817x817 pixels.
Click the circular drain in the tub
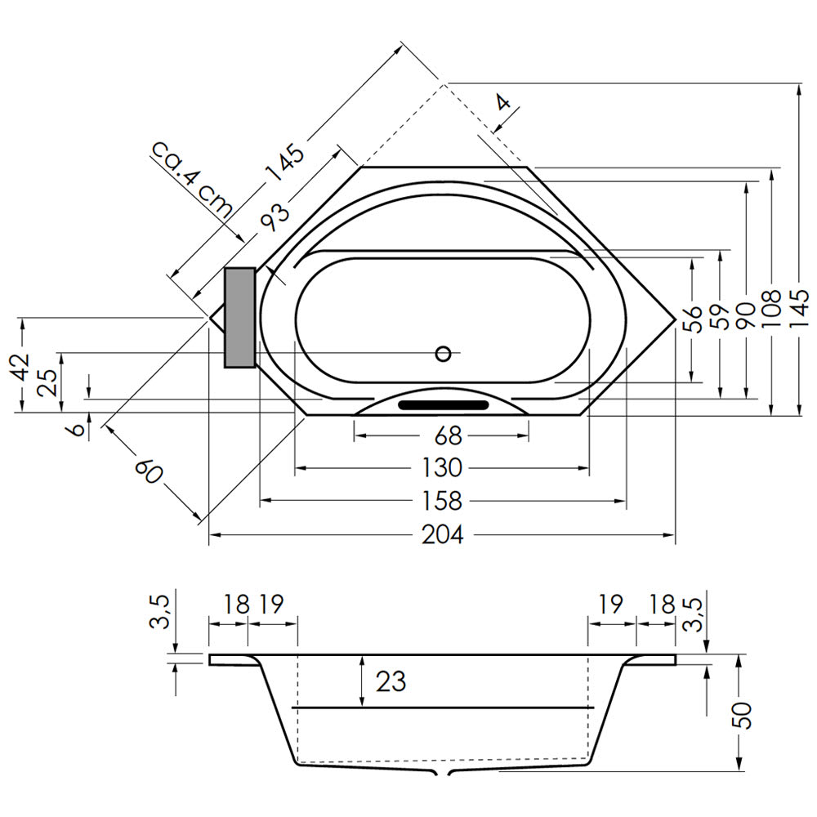tap(443, 354)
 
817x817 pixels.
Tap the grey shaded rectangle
tap(239, 318)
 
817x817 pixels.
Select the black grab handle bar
tap(444, 405)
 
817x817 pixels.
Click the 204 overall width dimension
tap(442, 534)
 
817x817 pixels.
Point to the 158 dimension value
tap(442, 502)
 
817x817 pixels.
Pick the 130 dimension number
tap(442, 468)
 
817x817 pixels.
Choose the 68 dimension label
tap(448, 435)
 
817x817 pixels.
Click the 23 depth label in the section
tap(391, 681)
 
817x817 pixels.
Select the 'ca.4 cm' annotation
tap(192, 179)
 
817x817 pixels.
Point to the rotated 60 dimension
tap(149, 471)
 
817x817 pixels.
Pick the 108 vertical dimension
tap(771, 309)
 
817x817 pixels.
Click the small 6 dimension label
tap(77, 431)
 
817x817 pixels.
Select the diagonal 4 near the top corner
tap(502, 102)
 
